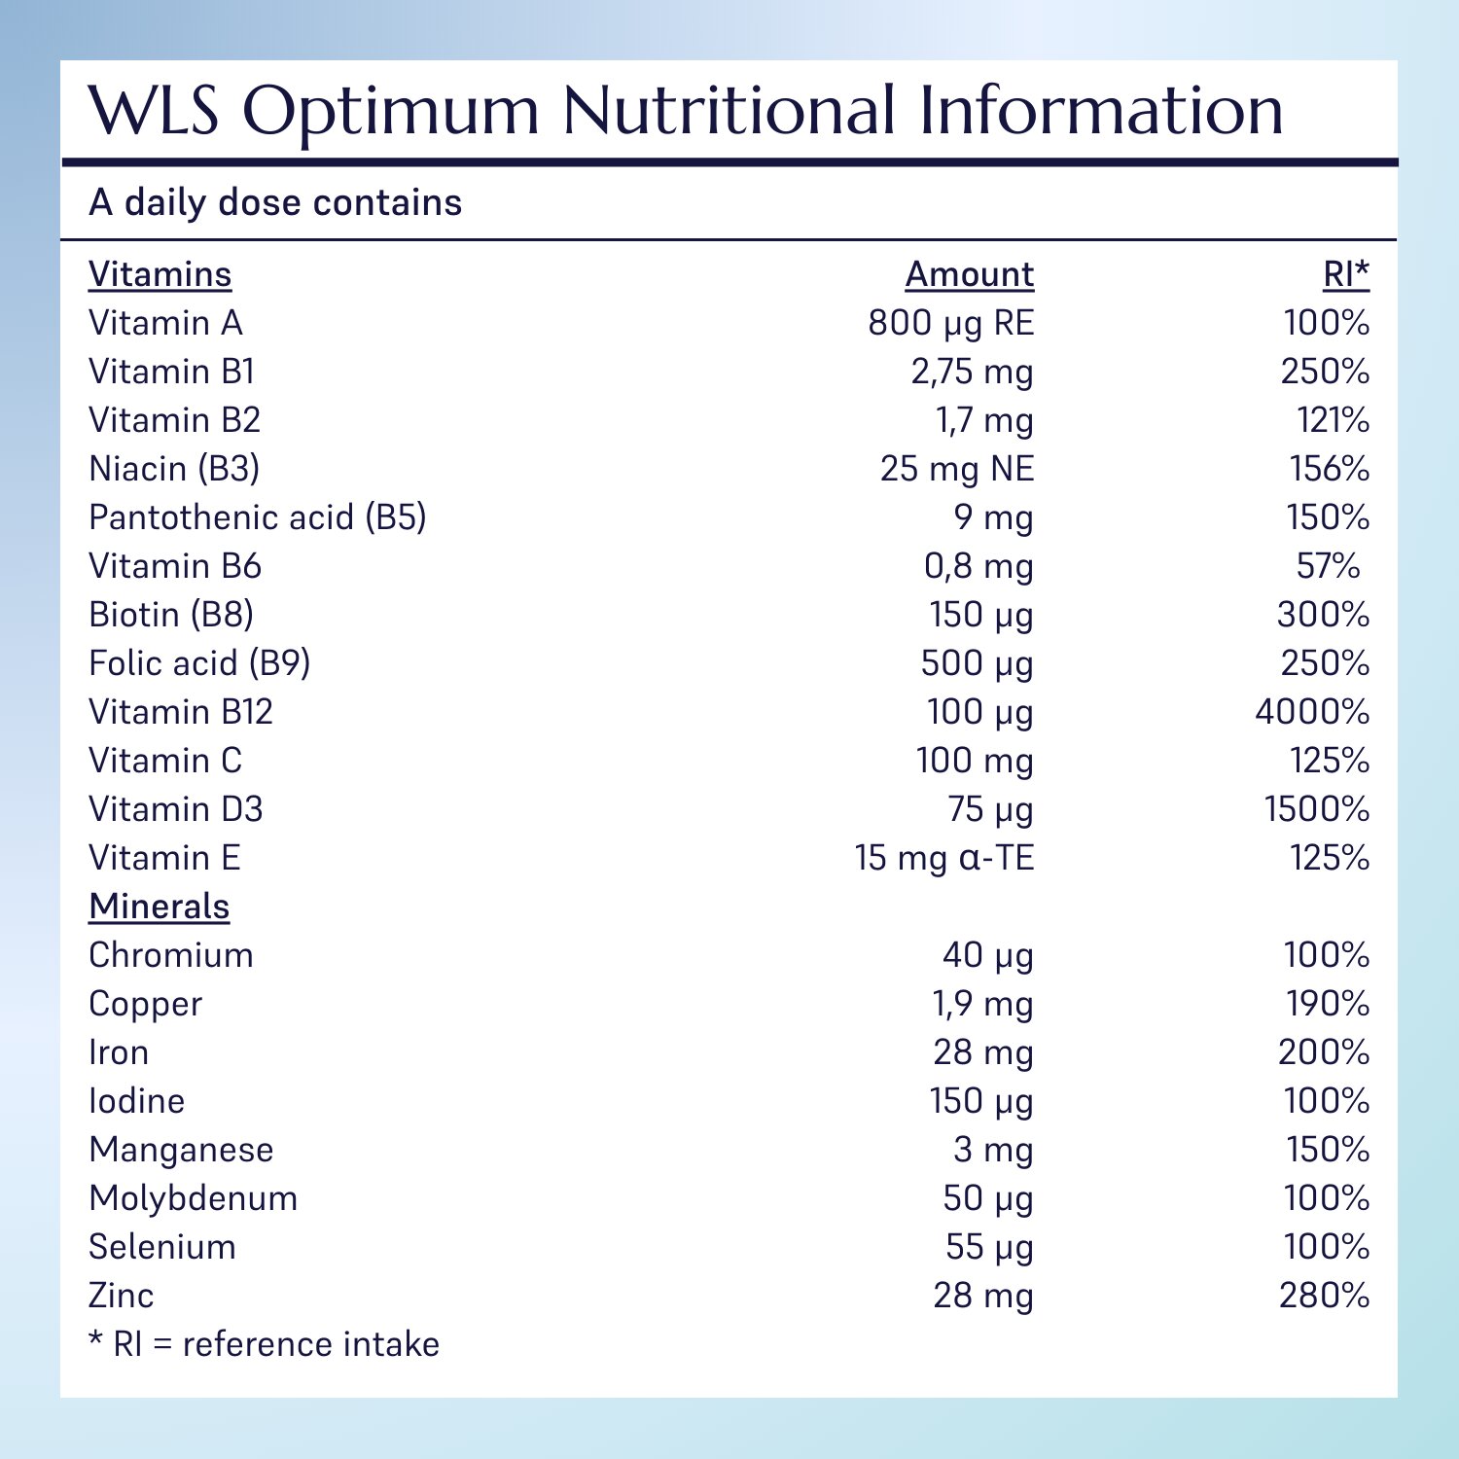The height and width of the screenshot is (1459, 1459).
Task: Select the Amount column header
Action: pyautogui.click(x=969, y=275)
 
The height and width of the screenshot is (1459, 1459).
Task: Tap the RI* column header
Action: pyautogui.click(x=1345, y=275)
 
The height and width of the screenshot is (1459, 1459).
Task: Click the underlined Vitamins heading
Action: pyautogui.click(x=160, y=275)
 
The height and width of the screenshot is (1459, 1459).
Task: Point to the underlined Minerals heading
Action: pyautogui.click(x=159, y=907)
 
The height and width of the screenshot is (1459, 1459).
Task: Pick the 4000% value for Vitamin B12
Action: pyautogui.click(x=1311, y=712)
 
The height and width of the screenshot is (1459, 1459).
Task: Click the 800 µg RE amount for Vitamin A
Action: pyautogui.click(x=950, y=323)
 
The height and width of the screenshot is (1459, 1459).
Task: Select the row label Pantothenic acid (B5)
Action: pyautogui.click(x=257, y=517)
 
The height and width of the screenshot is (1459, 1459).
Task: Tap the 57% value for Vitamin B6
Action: pyautogui.click(x=1328, y=566)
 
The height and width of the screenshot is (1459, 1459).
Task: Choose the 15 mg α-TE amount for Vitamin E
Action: pyautogui.click(x=943, y=858)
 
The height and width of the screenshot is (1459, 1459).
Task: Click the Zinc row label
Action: pyautogui.click(x=121, y=1296)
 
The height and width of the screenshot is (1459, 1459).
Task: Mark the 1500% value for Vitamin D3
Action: pyautogui.click(x=1316, y=809)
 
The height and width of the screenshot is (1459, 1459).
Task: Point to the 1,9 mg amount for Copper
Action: pyautogui.click(x=982, y=1004)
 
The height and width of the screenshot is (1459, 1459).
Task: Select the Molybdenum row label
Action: pyautogui.click(x=193, y=1198)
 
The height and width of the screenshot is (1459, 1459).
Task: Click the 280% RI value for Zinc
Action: pyautogui.click(x=1324, y=1296)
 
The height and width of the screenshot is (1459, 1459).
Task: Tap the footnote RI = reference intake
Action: pyautogui.click(x=264, y=1344)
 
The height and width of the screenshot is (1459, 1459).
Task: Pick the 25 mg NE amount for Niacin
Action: pyautogui.click(x=956, y=469)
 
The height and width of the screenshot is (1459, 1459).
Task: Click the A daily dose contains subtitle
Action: pyautogui.click(x=275, y=202)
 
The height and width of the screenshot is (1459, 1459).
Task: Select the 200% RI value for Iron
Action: pyautogui.click(x=1323, y=1052)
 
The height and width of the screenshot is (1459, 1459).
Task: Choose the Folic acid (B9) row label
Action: pyautogui.click(x=199, y=663)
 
